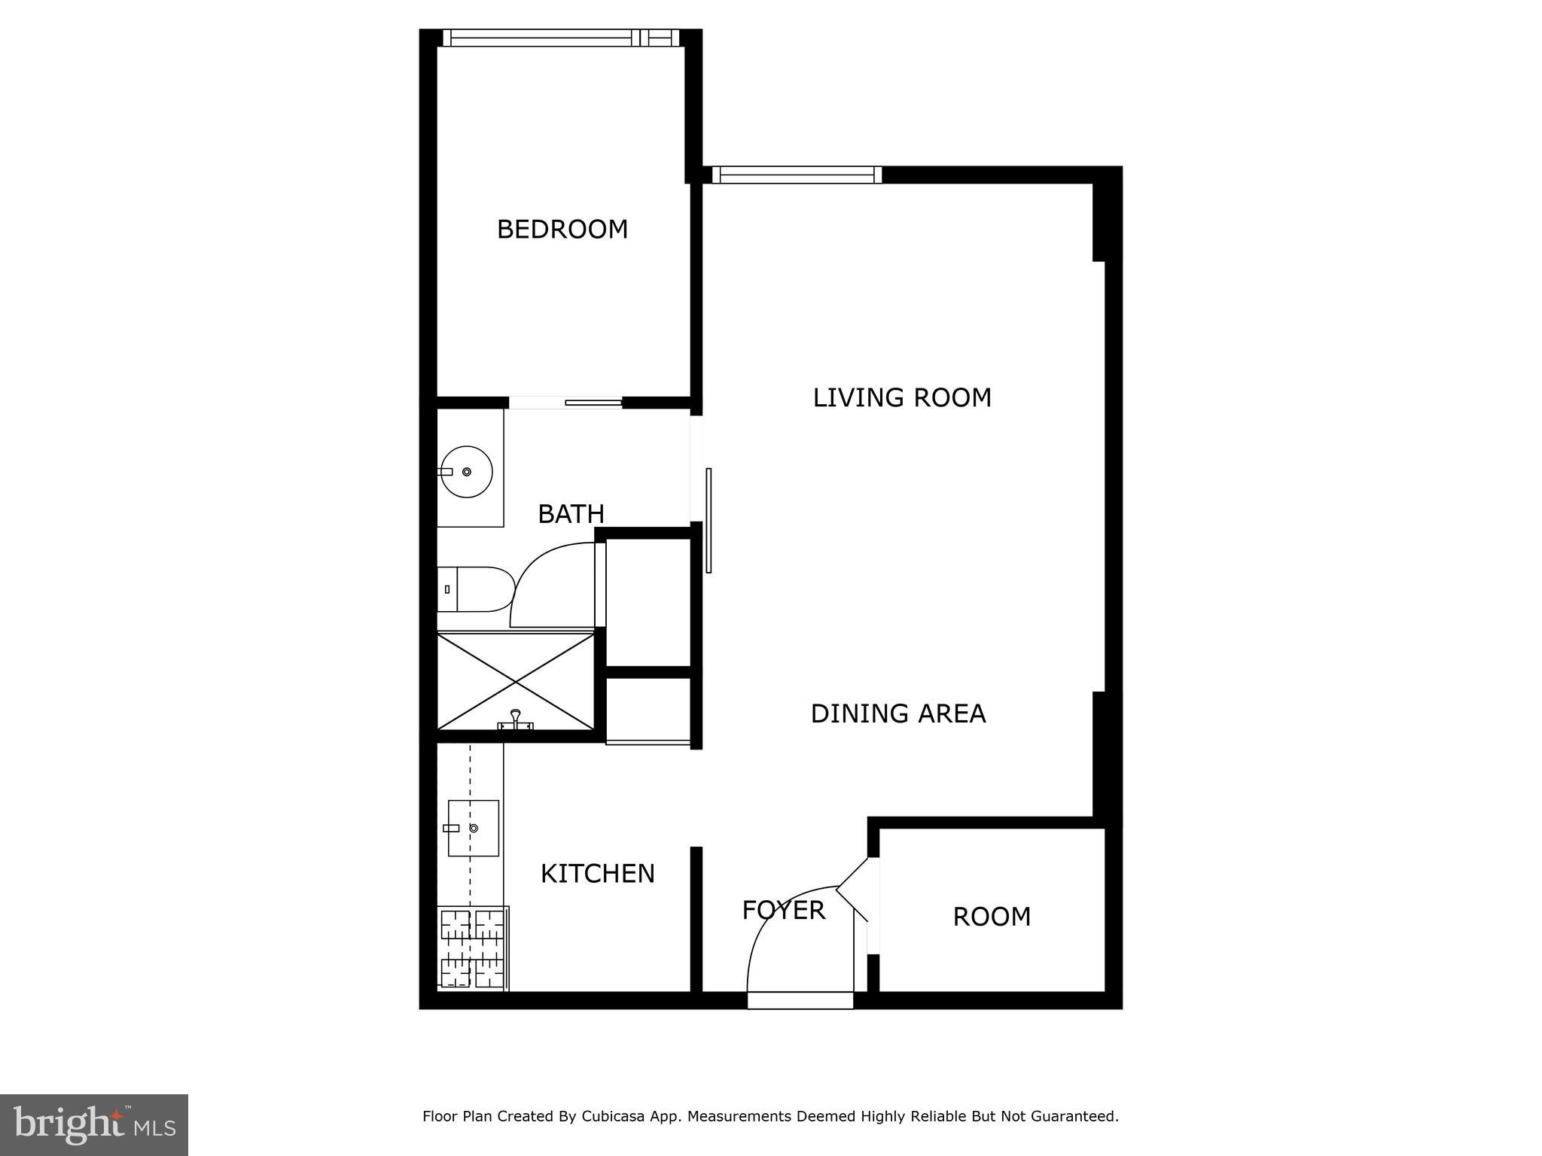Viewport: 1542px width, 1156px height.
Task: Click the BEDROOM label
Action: click(x=562, y=230)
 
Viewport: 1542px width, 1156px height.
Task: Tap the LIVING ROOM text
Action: click(x=902, y=397)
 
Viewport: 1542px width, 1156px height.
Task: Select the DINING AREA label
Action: click(x=897, y=713)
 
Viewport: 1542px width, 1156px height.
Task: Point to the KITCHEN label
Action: click(x=598, y=874)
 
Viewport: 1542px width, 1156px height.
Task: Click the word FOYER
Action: click(x=783, y=911)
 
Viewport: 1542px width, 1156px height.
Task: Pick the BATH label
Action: click(x=571, y=514)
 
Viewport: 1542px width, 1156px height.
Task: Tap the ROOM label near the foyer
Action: click(x=992, y=917)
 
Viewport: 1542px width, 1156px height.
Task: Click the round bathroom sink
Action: click(x=466, y=472)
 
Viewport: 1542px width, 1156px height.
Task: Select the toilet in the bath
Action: click(x=474, y=589)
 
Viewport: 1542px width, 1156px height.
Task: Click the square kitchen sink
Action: click(x=473, y=828)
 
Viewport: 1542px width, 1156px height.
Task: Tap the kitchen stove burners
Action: click(x=472, y=948)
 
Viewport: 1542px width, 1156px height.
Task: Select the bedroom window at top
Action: click(x=560, y=38)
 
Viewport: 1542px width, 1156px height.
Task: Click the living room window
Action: click(x=797, y=175)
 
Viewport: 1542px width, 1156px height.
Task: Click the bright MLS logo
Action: click(x=94, y=1124)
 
